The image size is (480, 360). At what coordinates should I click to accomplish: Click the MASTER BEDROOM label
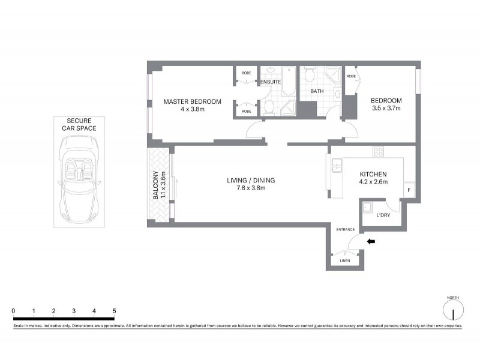click(x=192, y=101)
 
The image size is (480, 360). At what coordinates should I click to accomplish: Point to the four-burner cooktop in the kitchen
click(x=379, y=151)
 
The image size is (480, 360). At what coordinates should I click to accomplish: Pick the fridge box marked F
click(x=409, y=190)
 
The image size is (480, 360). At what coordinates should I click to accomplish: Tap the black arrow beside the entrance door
click(x=371, y=242)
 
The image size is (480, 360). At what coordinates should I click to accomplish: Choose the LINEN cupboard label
click(x=344, y=260)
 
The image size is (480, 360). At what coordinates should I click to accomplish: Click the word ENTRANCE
click(x=346, y=229)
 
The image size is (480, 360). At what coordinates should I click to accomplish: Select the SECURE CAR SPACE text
click(x=82, y=124)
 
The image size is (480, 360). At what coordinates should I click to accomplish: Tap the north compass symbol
click(x=453, y=311)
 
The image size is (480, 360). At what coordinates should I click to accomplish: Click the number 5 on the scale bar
click(x=114, y=311)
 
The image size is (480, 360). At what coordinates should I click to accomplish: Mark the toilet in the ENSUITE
click(x=269, y=107)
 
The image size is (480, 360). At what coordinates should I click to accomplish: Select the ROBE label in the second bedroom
click(x=351, y=77)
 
